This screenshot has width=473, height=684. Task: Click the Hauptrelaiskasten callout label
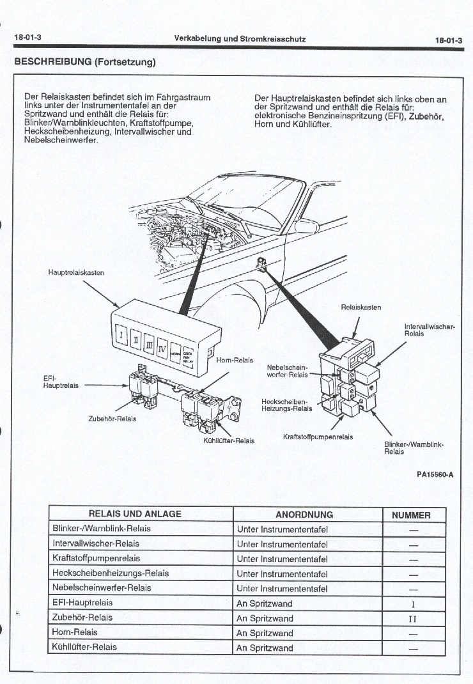pos(76,273)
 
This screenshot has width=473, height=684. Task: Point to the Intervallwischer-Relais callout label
pos(430,330)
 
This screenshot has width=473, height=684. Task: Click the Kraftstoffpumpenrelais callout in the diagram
pos(318,438)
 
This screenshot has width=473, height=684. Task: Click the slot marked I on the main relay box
pos(121,334)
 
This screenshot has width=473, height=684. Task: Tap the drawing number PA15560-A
pos(435,474)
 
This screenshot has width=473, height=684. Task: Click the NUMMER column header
pos(411,515)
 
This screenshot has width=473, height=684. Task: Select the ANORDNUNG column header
pos(304,515)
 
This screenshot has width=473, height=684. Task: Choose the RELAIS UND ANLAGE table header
pos(135,514)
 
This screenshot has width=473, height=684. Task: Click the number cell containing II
pos(412,619)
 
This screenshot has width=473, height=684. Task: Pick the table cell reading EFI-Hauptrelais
pos(82,603)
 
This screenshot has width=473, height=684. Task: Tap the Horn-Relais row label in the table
pos(74,632)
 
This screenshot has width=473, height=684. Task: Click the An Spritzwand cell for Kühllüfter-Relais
pos(265,648)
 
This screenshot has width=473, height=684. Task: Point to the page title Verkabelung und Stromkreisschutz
pos(240,39)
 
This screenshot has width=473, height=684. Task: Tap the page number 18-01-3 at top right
pos(448,40)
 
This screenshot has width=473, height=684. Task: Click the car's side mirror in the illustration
pos(306,226)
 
